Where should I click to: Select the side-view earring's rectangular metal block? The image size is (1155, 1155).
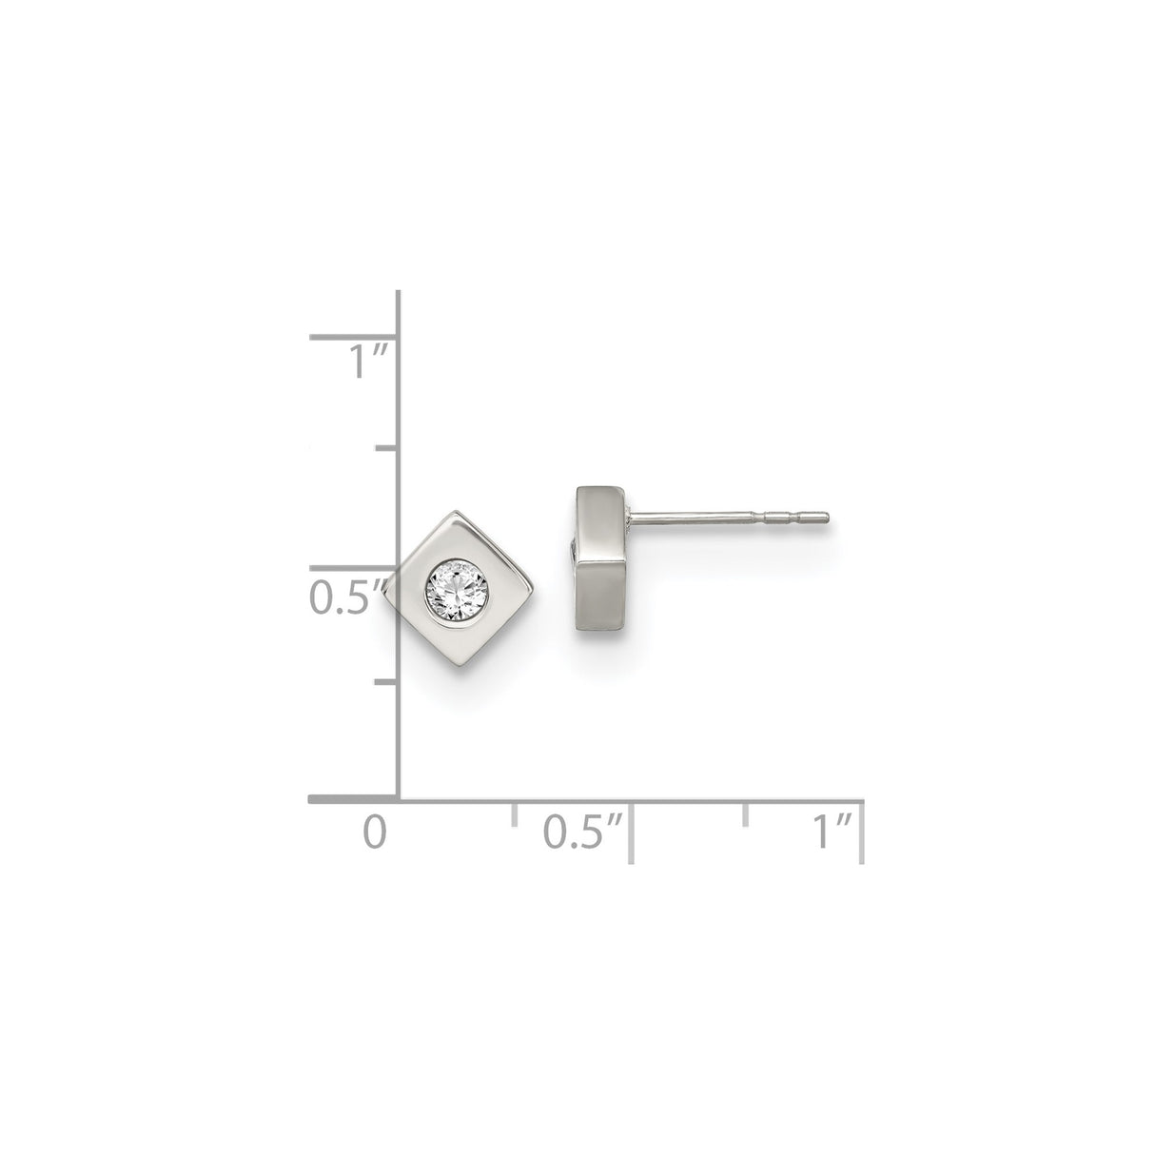(598, 561)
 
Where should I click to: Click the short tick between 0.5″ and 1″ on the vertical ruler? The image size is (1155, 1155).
(386, 446)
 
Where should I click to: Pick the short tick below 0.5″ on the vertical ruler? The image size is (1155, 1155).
(386, 681)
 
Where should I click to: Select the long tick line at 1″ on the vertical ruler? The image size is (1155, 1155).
(352, 336)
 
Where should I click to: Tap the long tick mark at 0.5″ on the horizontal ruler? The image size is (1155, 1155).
(630, 832)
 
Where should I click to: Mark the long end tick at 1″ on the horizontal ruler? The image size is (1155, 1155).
(861, 832)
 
